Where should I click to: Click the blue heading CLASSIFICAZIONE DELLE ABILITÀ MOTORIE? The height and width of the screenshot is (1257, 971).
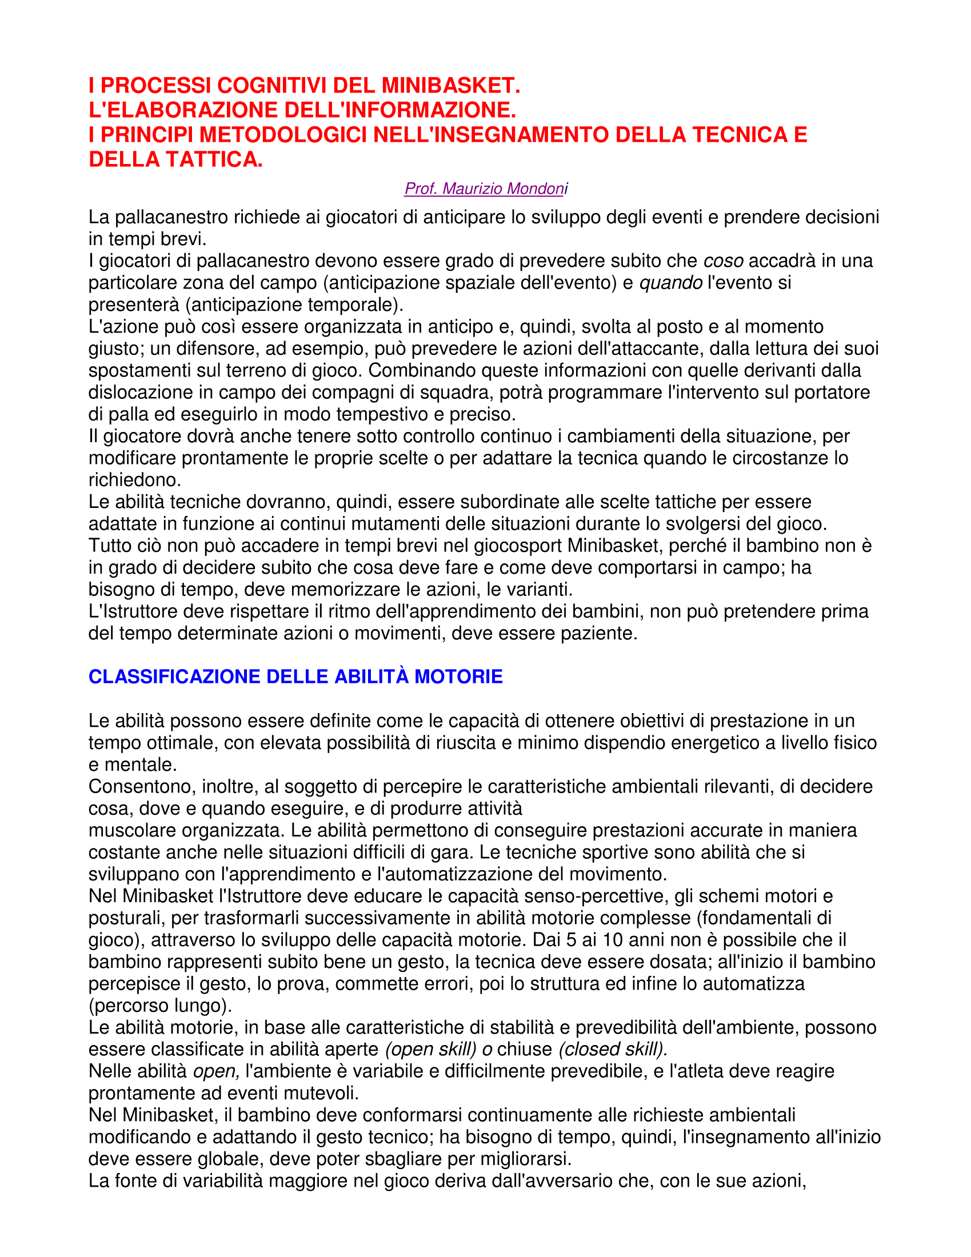pyautogui.click(x=295, y=676)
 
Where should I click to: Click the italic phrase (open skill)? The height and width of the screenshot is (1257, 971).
pyautogui.click(x=430, y=1050)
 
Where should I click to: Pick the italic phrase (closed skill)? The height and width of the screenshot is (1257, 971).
pyautogui.click(x=613, y=1050)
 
